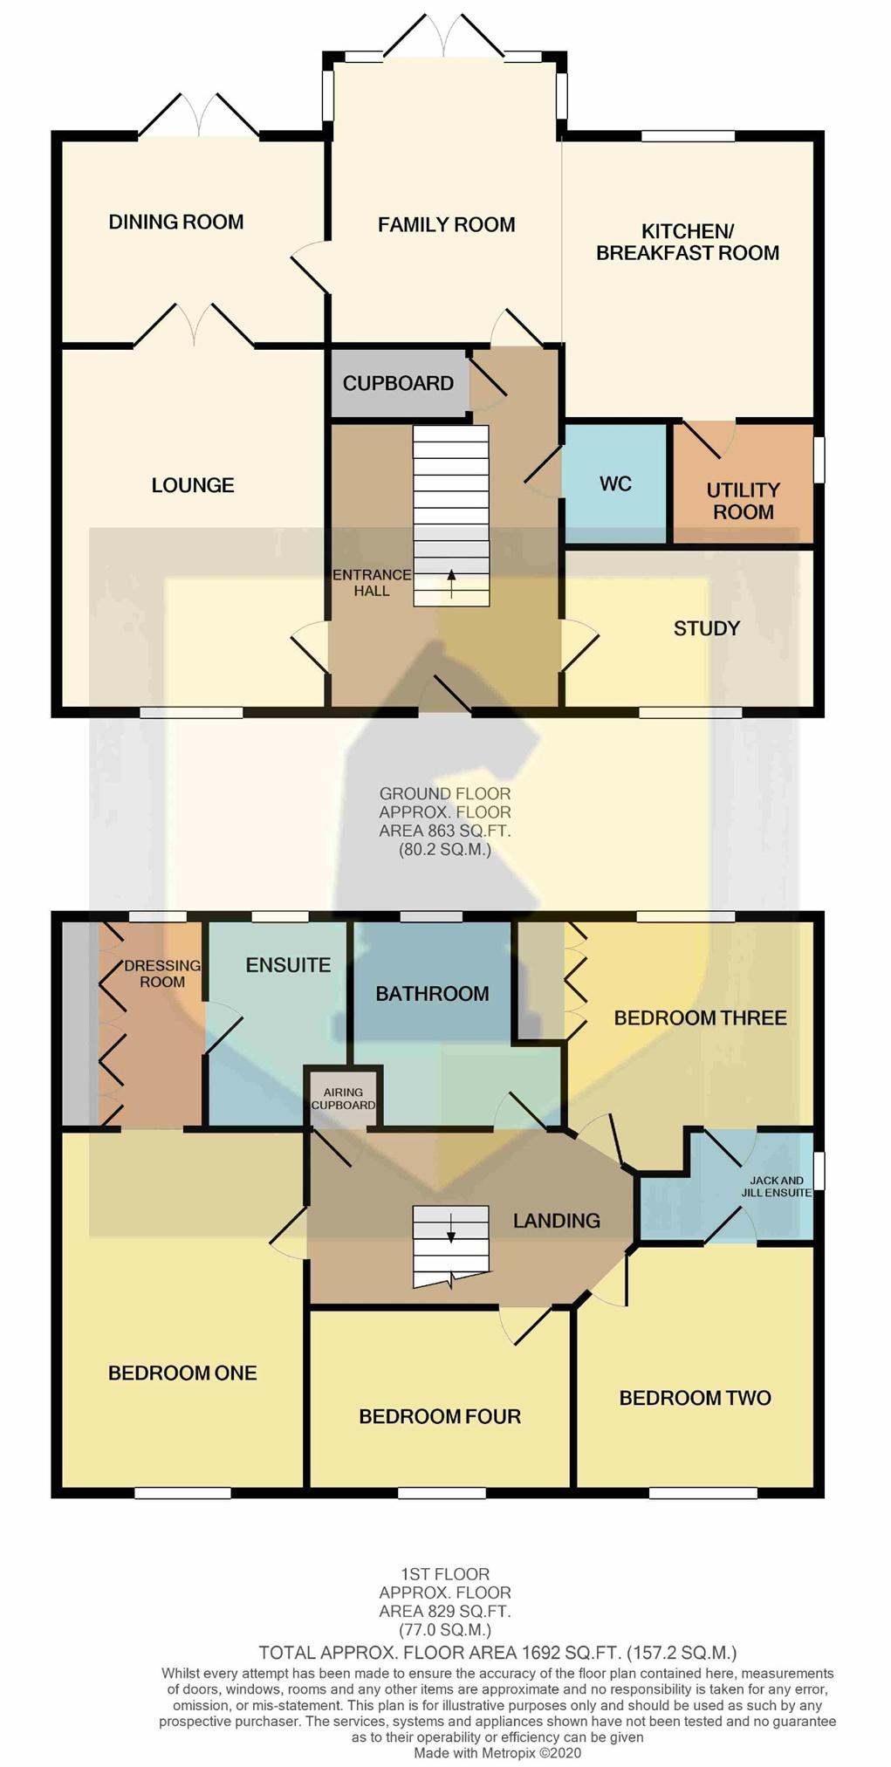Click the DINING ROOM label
pos(176,222)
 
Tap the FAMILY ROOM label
pos(446,224)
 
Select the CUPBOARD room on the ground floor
pos(399,383)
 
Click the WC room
pos(616,483)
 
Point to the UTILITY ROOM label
pos(744,501)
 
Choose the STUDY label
pos(707,628)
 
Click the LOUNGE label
pos(193,485)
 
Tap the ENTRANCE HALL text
pos(372,582)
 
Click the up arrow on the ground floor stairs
pos(451,584)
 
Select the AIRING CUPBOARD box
pos(343,1098)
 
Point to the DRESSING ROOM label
pos(162,973)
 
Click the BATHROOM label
pos(432,993)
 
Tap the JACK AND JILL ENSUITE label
pos(777,1186)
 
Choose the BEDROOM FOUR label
pos(440,1416)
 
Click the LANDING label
pos(557,1221)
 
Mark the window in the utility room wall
pos(819,459)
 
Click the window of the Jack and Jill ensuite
pos(819,1171)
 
